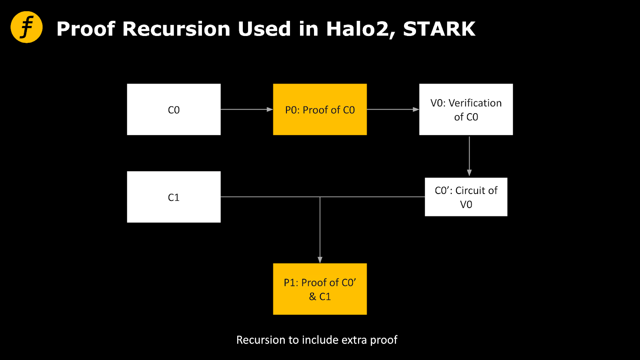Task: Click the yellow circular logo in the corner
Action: (x=26, y=27)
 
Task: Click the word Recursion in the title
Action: (x=176, y=29)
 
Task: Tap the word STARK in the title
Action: (x=439, y=29)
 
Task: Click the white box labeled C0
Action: (x=174, y=110)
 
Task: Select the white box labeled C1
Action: (x=174, y=197)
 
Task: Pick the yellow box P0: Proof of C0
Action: (x=320, y=110)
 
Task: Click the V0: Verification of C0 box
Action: (x=466, y=110)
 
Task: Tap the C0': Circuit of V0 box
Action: (x=466, y=197)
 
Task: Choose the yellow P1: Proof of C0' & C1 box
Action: (x=320, y=289)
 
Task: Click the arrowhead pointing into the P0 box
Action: (x=270, y=110)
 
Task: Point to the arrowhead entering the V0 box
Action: (x=416, y=110)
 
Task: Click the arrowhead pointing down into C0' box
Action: (x=469, y=172)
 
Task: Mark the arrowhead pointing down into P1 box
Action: (x=320, y=260)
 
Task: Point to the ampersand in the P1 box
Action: (x=312, y=296)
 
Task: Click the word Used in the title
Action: (x=264, y=29)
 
